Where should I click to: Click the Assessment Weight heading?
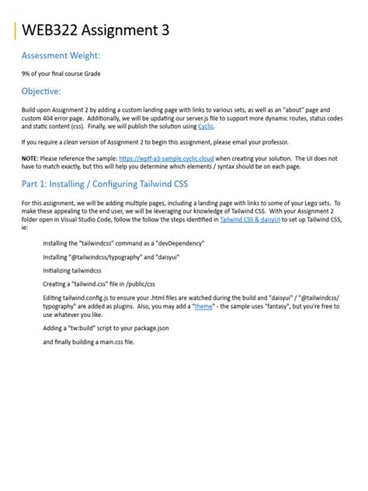61,56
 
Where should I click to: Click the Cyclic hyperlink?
206,125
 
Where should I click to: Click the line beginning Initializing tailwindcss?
72,270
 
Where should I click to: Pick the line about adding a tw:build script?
106,328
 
